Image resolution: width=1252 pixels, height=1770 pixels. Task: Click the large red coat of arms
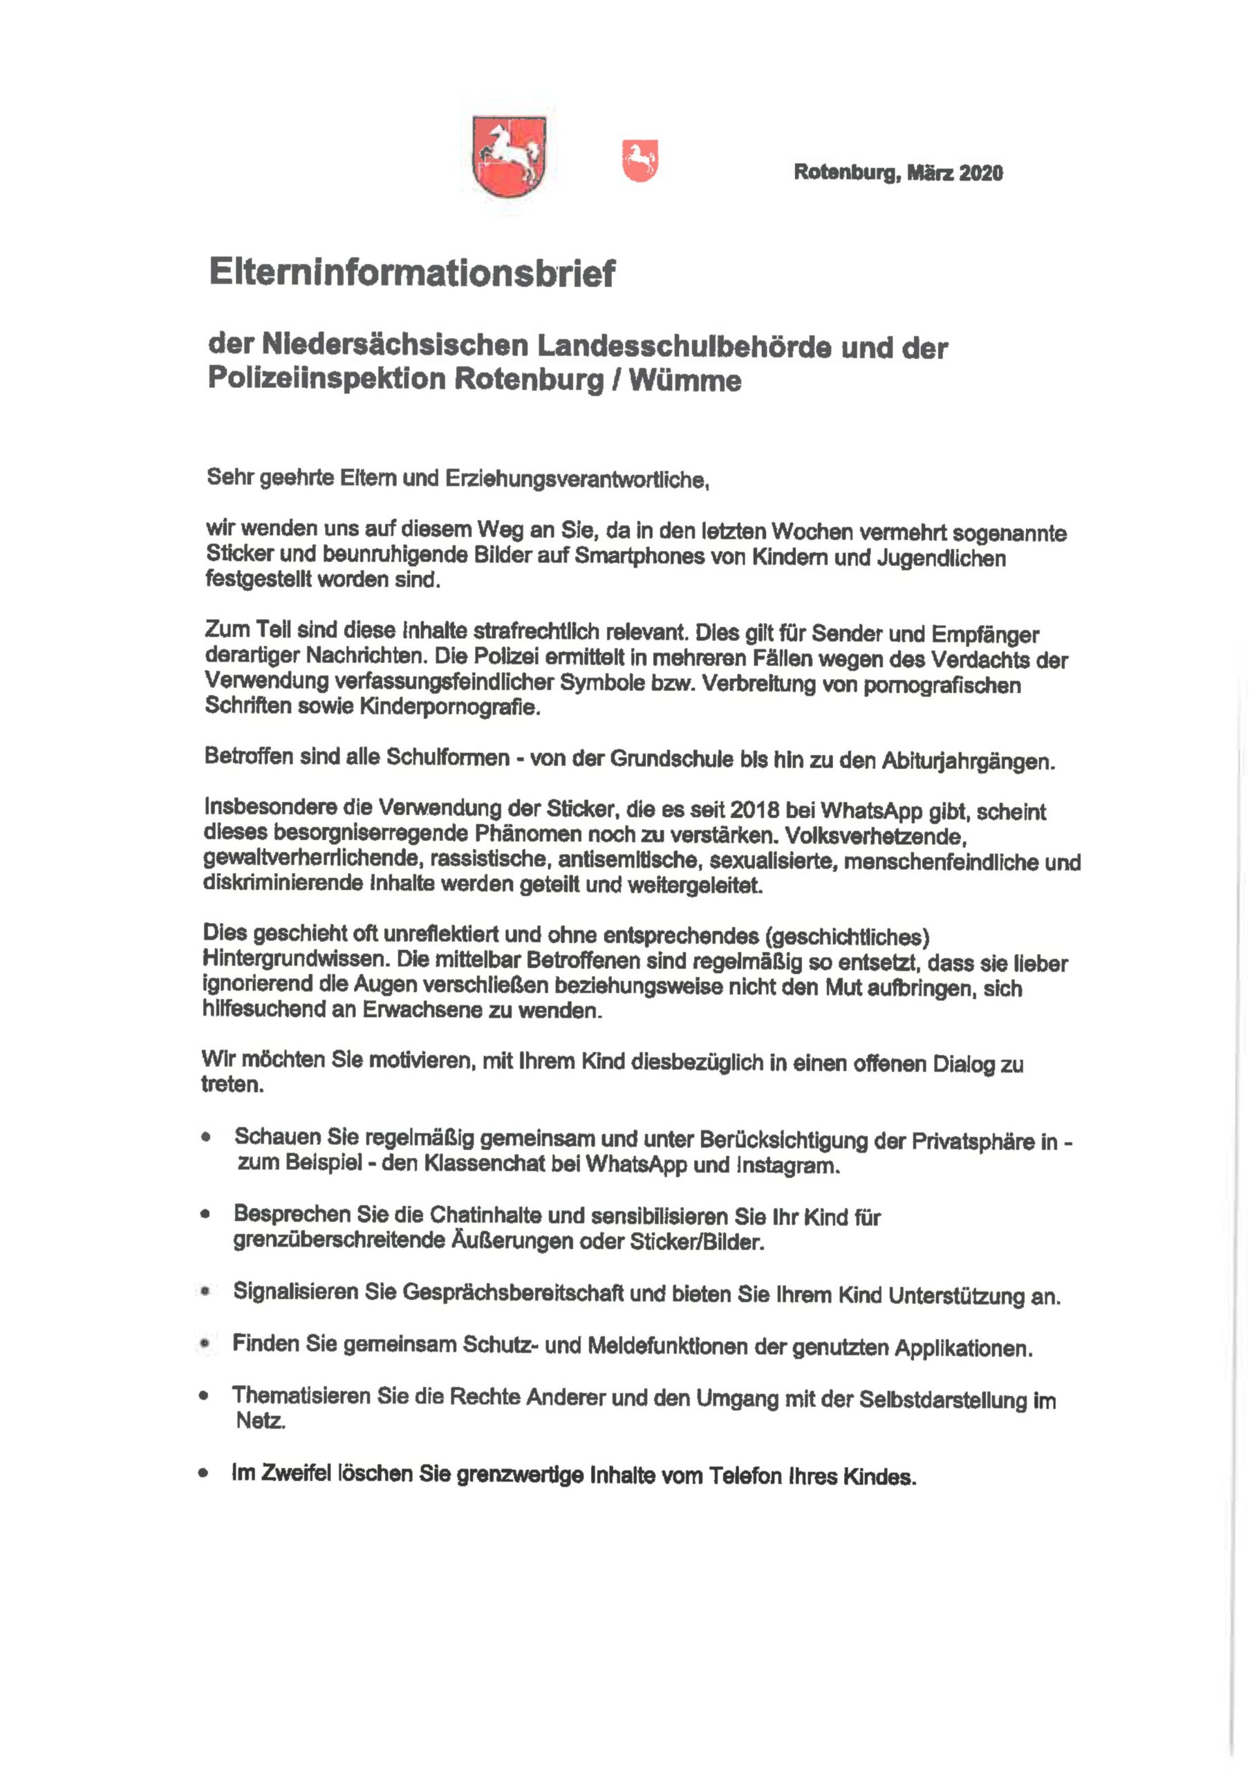coord(509,156)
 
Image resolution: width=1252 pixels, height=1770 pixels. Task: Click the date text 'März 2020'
coord(955,173)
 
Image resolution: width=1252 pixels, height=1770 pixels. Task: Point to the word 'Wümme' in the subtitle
coord(685,381)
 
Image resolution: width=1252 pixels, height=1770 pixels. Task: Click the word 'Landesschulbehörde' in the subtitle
coord(684,347)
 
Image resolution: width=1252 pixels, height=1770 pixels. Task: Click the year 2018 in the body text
coord(755,810)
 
